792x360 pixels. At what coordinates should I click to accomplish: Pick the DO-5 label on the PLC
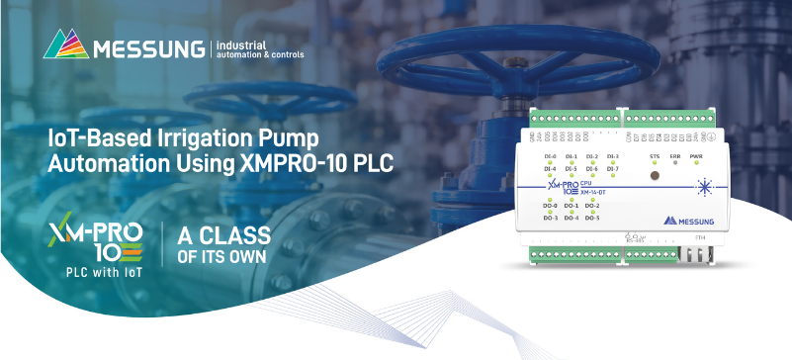pos(592,217)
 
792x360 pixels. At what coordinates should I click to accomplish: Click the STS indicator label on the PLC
pos(654,156)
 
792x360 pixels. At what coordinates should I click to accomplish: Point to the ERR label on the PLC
pos(675,156)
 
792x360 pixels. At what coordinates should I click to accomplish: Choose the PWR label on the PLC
pos(697,156)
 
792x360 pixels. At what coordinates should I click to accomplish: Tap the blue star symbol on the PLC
pos(704,186)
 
